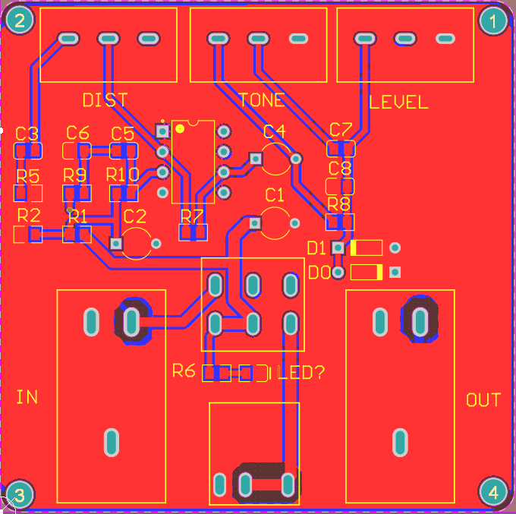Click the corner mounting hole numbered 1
point(492,20)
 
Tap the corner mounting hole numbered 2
point(20,20)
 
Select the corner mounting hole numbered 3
point(19,494)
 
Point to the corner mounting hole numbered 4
point(492,492)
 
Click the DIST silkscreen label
point(105,99)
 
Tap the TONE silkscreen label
point(262,99)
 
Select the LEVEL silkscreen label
point(399,102)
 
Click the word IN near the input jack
point(27,397)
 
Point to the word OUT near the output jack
point(483,400)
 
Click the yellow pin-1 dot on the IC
point(180,128)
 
